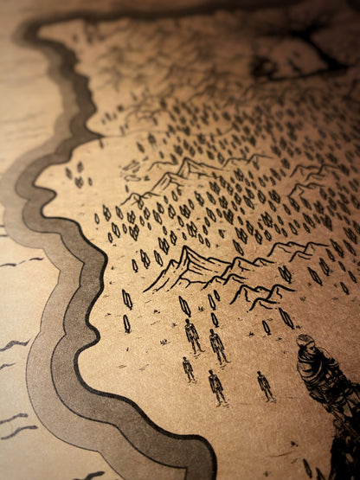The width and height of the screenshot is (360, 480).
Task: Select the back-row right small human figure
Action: coord(218,344)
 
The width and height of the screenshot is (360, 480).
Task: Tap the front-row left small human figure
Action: coord(188,368)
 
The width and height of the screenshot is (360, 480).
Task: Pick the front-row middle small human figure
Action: coord(216,384)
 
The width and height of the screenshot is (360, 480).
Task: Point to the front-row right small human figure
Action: coord(264,385)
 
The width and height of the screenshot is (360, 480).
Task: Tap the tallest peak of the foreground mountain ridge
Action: coord(186,250)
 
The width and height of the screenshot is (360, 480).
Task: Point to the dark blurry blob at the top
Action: coord(268,65)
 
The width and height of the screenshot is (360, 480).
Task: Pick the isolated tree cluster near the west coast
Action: coord(80,175)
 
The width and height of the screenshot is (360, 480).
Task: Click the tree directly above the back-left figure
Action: coord(184,305)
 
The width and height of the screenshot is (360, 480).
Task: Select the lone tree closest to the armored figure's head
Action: coord(286,317)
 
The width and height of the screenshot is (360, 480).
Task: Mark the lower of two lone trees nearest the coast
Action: coord(126,323)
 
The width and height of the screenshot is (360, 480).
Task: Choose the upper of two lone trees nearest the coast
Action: coord(127,299)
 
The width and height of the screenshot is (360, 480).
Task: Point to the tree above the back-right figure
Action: coord(212,301)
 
